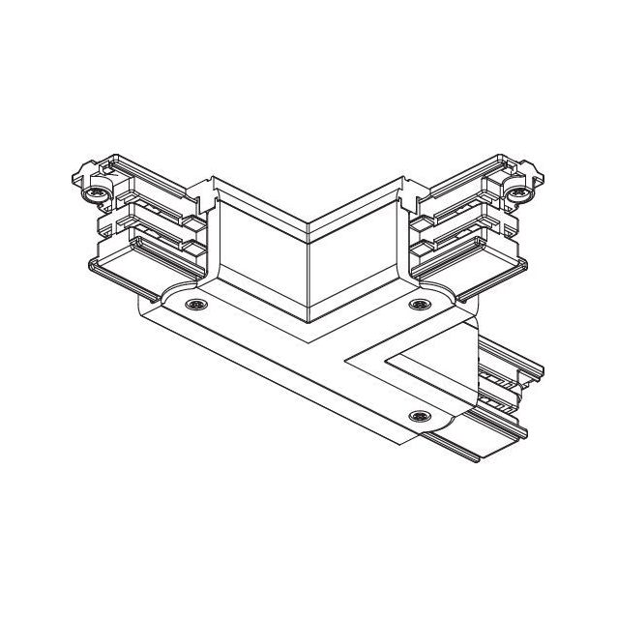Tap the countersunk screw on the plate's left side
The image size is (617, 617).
[197, 305]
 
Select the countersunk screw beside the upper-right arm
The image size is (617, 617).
[418, 305]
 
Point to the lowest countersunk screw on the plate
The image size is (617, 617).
[418, 416]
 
